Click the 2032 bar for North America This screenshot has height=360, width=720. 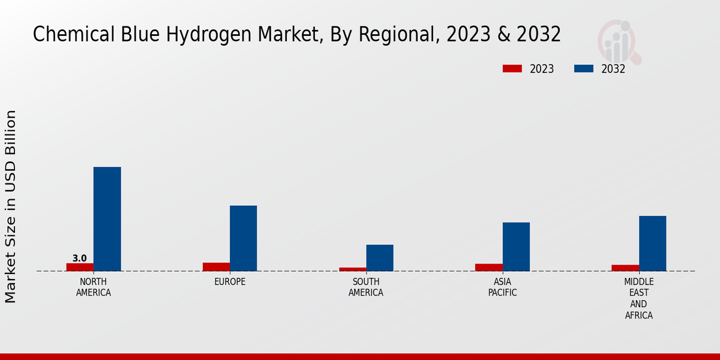pyautogui.click(x=107, y=219)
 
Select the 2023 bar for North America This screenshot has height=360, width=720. pyautogui.click(x=80, y=267)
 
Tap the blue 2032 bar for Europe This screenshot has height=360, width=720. pyautogui.click(x=243, y=238)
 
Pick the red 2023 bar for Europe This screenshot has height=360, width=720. pyautogui.click(x=216, y=267)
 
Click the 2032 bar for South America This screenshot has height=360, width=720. pyautogui.click(x=380, y=258)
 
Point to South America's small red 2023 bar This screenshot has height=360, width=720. pyautogui.click(x=353, y=269)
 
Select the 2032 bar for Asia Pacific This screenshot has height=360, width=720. pyautogui.click(x=516, y=247)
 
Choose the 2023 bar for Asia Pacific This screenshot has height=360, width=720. pyautogui.click(x=489, y=268)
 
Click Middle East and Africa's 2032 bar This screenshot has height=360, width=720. pyautogui.click(x=652, y=243)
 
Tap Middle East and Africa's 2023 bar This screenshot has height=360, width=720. pyautogui.click(x=625, y=268)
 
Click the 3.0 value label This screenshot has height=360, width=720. pyautogui.click(x=79, y=259)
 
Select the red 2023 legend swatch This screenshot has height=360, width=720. pyautogui.click(x=512, y=68)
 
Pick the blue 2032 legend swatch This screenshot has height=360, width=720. pyautogui.click(x=583, y=68)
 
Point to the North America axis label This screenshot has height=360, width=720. pyautogui.click(x=94, y=287)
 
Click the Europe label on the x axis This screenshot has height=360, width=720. pyautogui.click(x=230, y=282)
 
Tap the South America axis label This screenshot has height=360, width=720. pyautogui.click(x=366, y=287)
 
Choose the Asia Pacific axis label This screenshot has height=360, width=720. pyautogui.click(x=502, y=287)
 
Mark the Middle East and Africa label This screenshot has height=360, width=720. pyautogui.click(x=638, y=299)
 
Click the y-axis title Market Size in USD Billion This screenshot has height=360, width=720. pyautogui.click(x=11, y=206)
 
